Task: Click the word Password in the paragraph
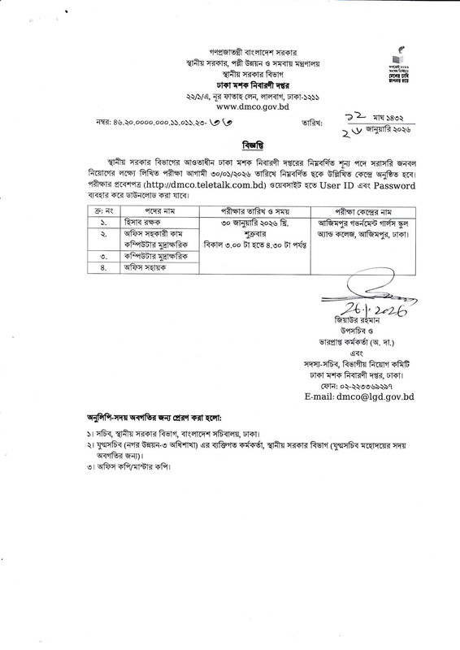pyautogui.click(x=390, y=185)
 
